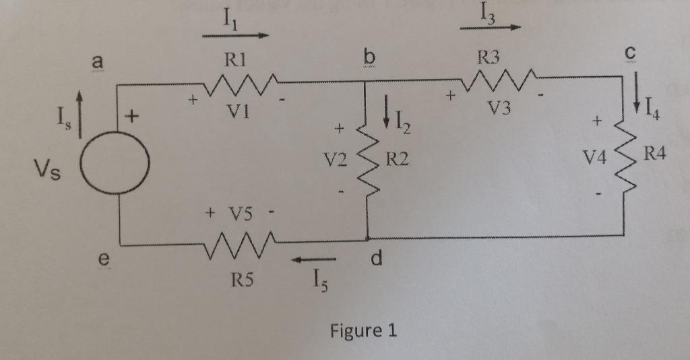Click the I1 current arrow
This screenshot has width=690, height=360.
click(x=235, y=35)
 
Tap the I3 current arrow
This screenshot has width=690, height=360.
click(x=491, y=28)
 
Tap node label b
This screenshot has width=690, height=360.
click(x=368, y=59)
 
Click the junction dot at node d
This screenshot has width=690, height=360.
click(x=368, y=238)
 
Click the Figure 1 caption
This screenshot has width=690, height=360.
click(x=363, y=331)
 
